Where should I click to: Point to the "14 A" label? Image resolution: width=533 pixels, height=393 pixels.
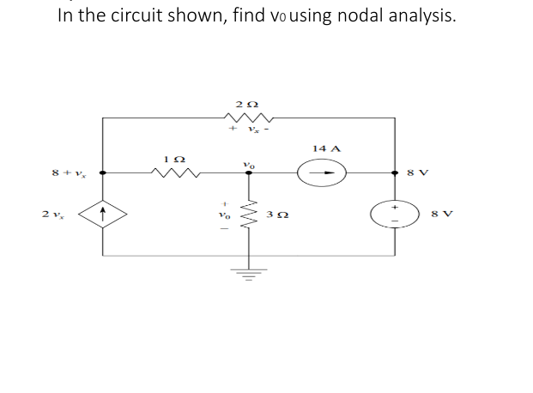coord(326,148)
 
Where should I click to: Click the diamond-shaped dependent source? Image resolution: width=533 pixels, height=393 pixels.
coord(103,214)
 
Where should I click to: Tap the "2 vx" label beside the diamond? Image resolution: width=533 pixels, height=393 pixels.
coord(51,214)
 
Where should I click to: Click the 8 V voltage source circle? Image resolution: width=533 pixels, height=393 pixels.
coord(395,215)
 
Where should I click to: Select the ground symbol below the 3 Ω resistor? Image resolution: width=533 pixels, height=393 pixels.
coord(250,275)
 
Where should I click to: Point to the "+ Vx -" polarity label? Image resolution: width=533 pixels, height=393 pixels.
coord(249,132)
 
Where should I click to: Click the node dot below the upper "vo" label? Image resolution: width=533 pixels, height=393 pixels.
coord(250,173)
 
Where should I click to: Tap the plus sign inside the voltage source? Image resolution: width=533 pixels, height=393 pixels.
coord(395,206)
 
